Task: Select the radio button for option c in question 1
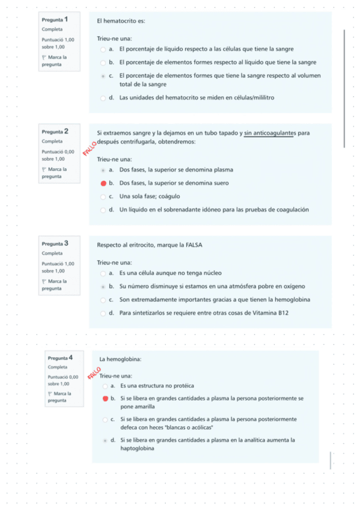pos(103,76)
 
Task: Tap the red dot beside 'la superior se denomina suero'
pos(103,183)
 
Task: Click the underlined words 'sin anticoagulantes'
pos(269,133)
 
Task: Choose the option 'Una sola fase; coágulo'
pos(150,197)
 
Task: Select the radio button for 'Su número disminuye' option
pos(103,286)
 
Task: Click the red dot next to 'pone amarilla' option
pos(105,398)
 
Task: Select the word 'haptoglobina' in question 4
pos(138,449)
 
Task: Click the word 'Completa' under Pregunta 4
pos(58,367)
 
